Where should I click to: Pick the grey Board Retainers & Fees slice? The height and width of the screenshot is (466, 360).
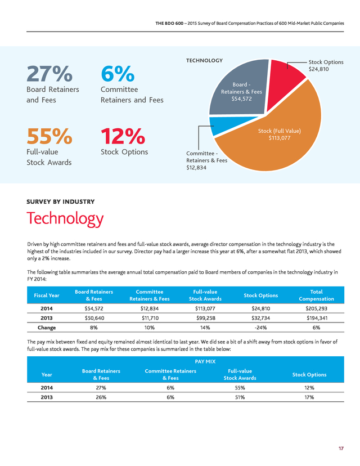241,89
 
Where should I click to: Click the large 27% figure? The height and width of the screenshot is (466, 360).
49,74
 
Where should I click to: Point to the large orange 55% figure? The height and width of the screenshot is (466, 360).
49,136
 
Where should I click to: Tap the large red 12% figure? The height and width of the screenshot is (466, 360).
123,136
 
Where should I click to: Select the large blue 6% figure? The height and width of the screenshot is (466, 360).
118,74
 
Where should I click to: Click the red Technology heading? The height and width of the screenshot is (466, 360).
65,218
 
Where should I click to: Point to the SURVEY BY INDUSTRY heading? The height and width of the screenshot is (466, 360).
61,202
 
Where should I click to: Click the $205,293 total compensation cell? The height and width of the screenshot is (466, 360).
316,308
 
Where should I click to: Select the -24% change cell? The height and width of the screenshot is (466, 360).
261,328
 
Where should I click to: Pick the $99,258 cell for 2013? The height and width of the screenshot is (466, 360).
205,318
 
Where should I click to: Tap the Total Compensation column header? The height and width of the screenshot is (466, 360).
316,295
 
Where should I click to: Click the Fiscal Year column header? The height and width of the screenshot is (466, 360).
47,295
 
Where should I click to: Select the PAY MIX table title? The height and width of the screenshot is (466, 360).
205,361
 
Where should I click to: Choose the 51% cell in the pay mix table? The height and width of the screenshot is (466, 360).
240,397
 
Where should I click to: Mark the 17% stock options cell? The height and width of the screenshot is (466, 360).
309,397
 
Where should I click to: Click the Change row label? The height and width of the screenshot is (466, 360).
47,328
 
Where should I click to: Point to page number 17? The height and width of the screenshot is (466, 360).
341,449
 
